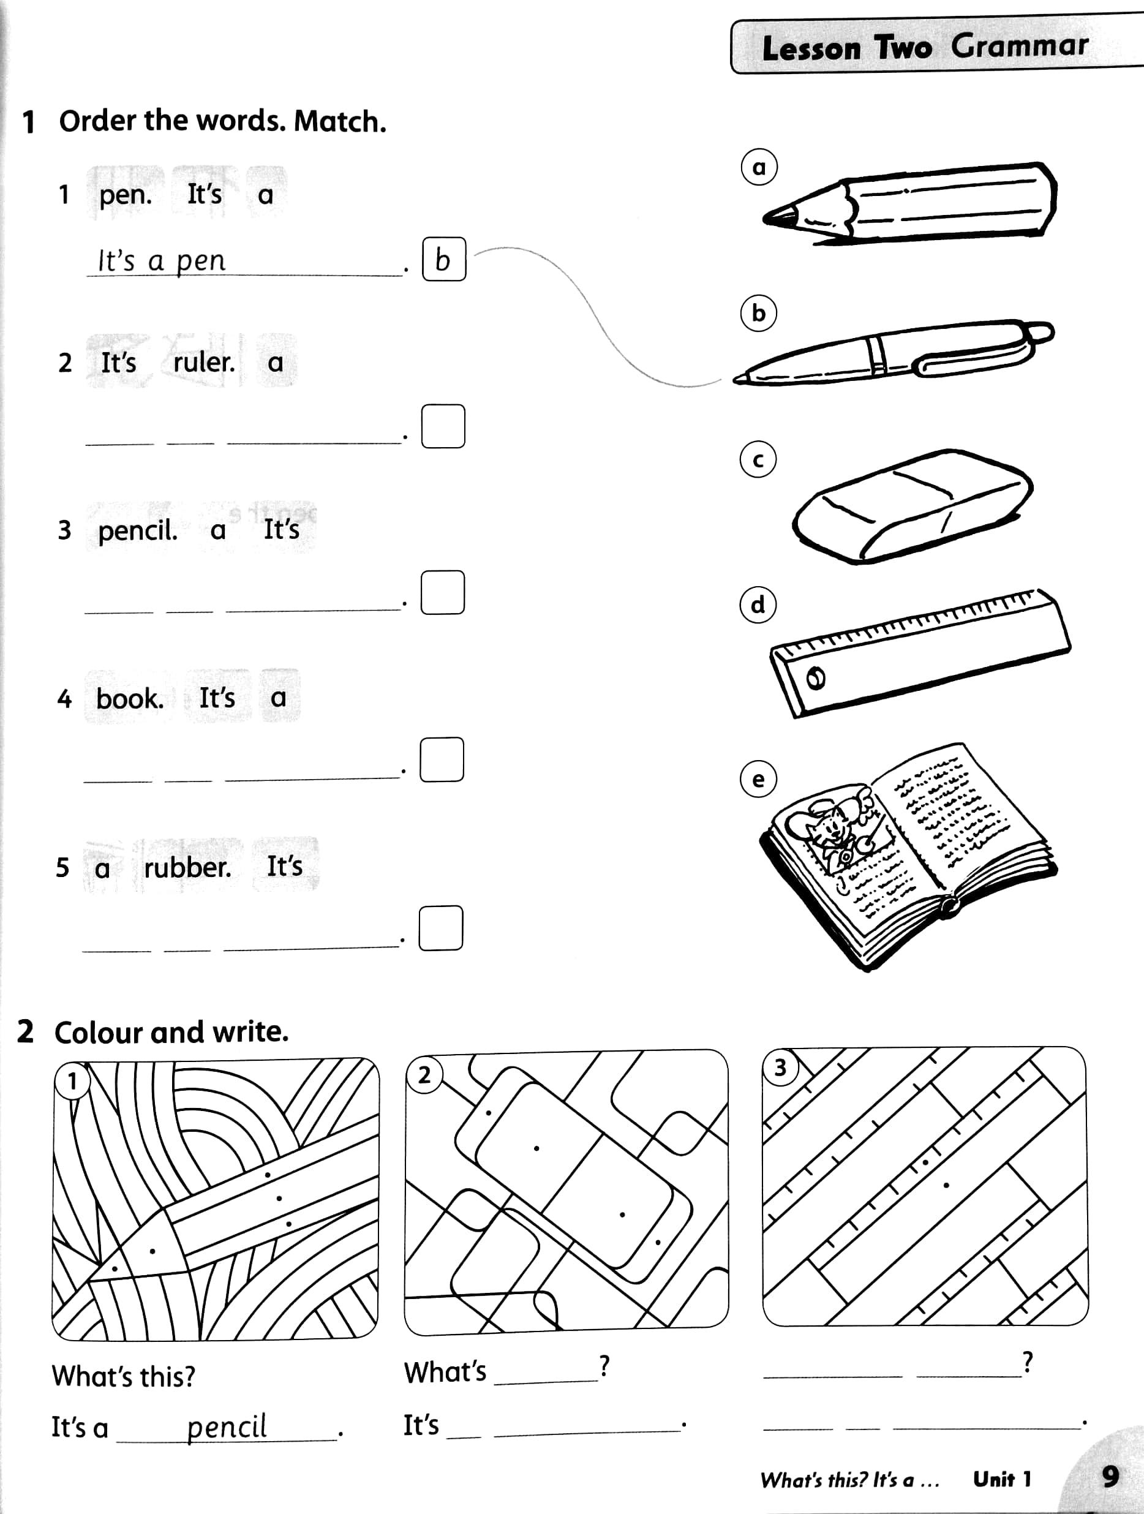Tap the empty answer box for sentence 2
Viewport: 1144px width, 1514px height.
(x=443, y=426)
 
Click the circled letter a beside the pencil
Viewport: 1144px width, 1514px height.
(x=759, y=167)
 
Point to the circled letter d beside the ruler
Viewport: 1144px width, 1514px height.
(x=758, y=604)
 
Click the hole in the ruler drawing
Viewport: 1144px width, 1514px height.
(x=816, y=677)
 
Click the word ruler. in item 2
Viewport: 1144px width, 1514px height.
(x=204, y=362)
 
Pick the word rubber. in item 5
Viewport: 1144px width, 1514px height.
(x=187, y=867)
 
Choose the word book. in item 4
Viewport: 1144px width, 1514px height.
(x=130, y=699)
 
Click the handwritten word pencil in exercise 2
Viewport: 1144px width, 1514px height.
(x=227, y=1427)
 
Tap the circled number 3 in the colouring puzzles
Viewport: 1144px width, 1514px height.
(x=780, y=1067)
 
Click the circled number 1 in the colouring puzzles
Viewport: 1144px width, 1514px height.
(x=72, y=1081)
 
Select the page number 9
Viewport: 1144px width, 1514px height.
(x=1110, y=1477)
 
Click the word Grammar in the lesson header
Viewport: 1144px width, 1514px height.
(x=1019, y=46)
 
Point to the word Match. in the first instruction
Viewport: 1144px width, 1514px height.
(x=340, y=121)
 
